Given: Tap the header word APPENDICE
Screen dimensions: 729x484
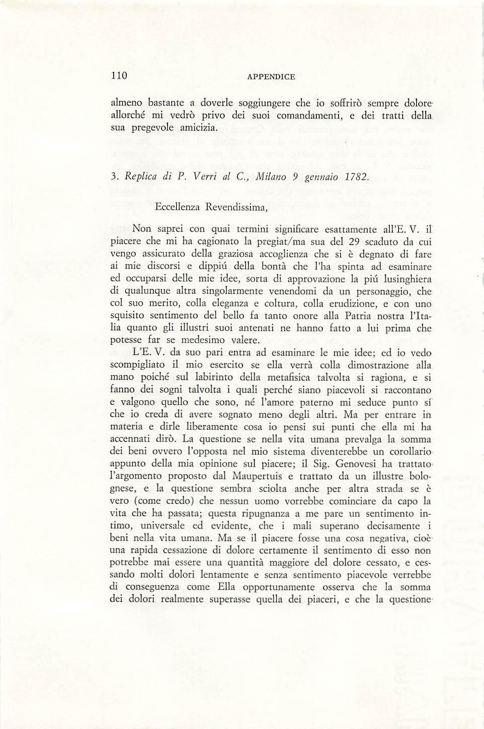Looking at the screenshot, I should [271, 77].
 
